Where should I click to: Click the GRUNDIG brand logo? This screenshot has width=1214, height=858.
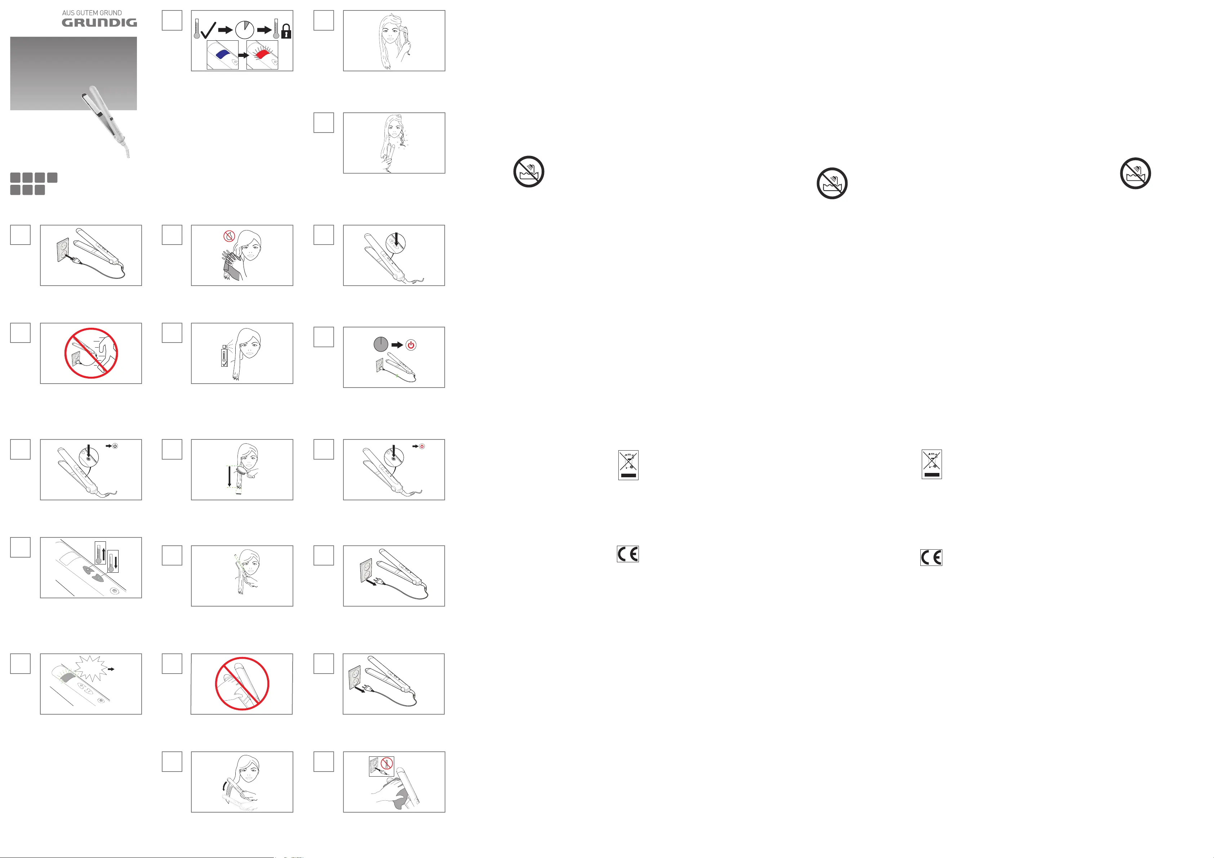point(99,22)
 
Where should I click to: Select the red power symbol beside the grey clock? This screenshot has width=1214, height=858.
point(411,345)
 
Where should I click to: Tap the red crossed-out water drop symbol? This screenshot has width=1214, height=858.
point(229,236)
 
